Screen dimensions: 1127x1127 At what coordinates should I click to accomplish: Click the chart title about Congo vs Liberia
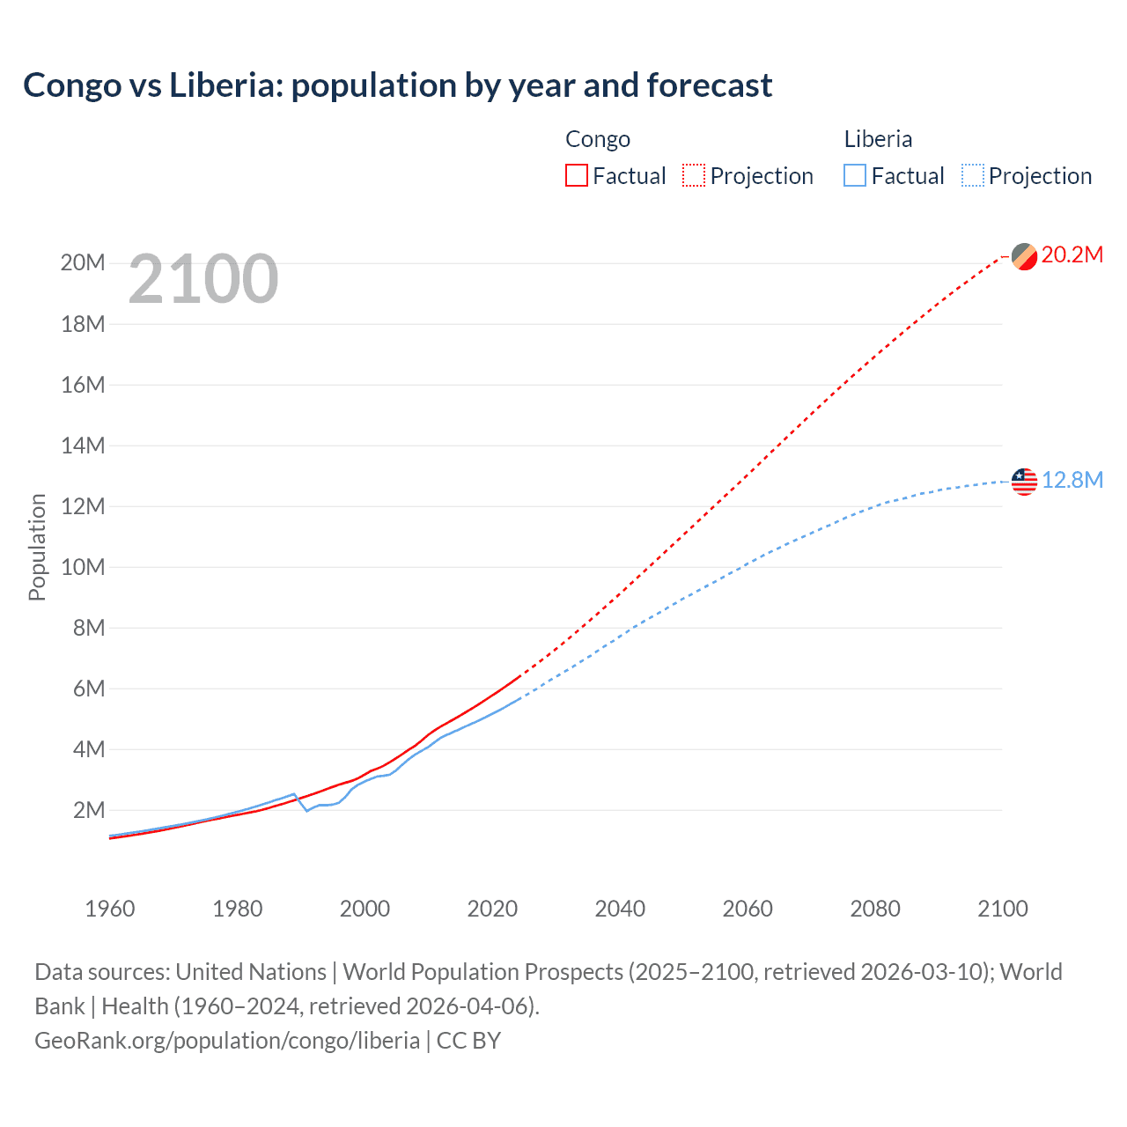[397, 85]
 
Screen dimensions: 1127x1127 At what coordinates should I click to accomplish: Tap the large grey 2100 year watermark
[203, 279]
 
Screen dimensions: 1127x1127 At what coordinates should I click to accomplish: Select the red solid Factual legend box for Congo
[576, 175]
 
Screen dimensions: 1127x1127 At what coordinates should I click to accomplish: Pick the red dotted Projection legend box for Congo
[694, 175]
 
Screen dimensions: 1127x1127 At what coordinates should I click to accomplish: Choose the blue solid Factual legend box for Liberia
[854, 175]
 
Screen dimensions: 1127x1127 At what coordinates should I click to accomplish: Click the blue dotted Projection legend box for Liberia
[973, 175]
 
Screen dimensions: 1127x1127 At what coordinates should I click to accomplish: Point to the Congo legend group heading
[598, 139]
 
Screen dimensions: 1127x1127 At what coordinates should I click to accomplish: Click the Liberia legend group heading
[878, 139]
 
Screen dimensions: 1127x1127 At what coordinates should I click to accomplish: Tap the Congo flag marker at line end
[1024, 256]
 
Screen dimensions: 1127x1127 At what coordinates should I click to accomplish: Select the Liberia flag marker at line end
[1024, 482]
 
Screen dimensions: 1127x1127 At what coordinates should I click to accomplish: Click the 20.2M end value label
[1072, 255]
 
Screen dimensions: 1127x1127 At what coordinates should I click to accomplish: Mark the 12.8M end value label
[1072, 481]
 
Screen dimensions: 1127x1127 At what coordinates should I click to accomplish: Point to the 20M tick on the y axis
[83, 263]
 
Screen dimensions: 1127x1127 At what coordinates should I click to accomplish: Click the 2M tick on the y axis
[88, 810]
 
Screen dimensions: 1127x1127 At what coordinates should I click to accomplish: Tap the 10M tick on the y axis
[83, 567]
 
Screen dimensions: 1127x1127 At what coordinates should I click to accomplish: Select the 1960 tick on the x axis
[110, 909]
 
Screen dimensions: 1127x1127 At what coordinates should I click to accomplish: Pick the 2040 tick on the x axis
[620, 909]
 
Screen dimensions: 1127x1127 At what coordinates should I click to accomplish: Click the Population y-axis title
[37, 547]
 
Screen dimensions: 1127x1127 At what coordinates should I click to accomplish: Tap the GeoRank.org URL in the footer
[227, 1041]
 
